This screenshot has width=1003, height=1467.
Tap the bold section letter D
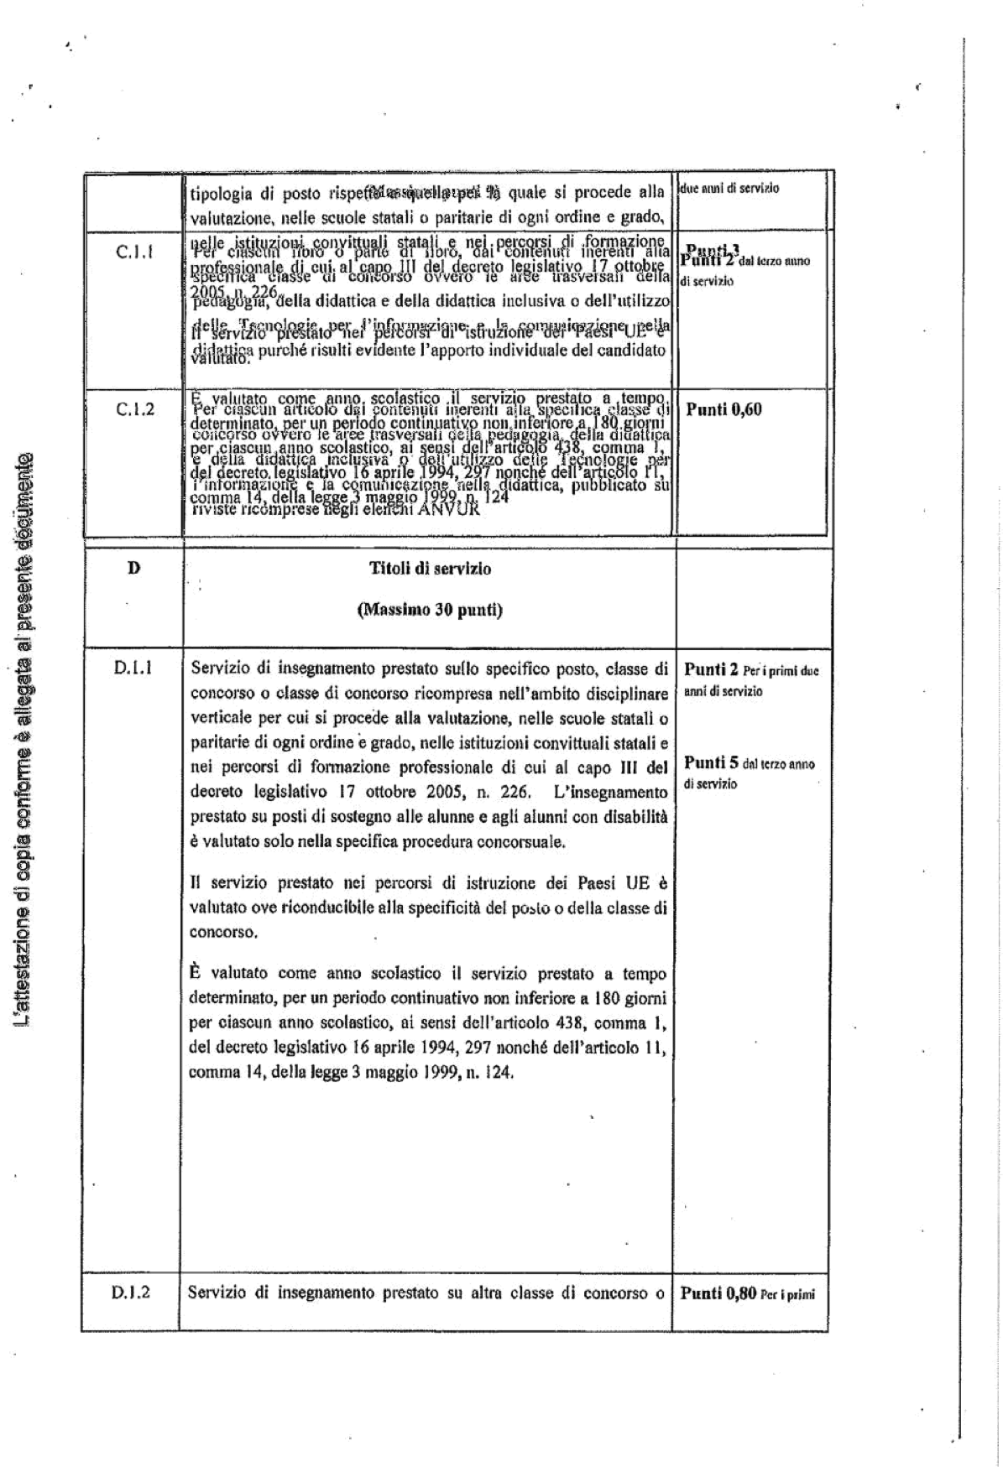click(x=133, y=568)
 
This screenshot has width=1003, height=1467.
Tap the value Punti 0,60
click(x=724, y=410)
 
